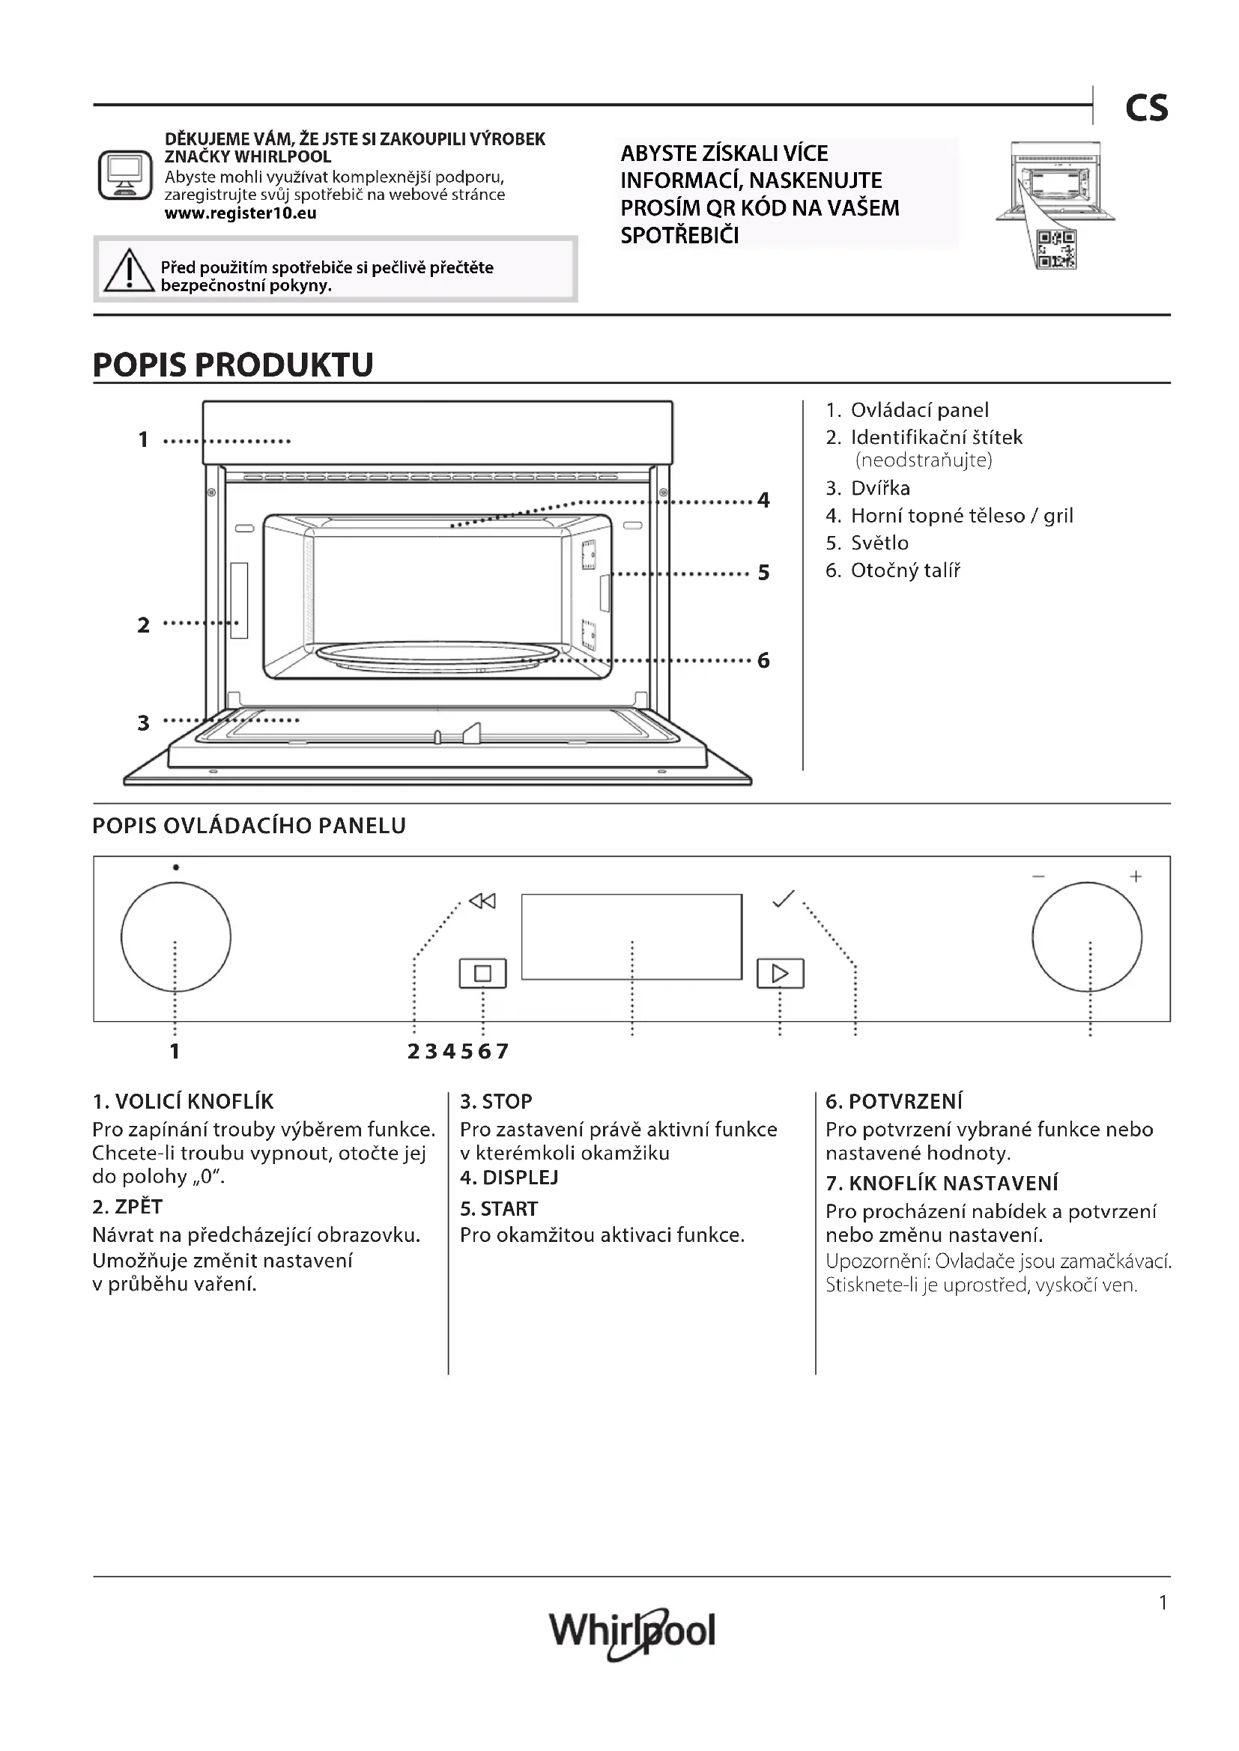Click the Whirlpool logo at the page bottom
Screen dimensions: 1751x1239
point(631,1632)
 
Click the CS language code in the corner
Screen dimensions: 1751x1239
point(1146,109)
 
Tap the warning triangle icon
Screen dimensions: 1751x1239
point(129,272)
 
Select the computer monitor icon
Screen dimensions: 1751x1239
point(125,174)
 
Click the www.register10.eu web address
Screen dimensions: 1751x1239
point(240,213)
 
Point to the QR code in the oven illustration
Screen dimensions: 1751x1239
point(1057,249)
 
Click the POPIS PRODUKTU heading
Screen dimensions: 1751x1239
point(233,365)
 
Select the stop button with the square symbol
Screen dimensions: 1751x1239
point(482,973)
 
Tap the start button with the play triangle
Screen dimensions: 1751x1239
point(780,973)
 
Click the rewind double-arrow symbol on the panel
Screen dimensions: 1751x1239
point(482,901)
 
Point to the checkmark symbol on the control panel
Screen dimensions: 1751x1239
point(784,899)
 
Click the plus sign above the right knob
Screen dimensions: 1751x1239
point(1135,877)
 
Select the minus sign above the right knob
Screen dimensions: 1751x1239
point(1038,877)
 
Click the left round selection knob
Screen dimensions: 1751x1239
point(175,937)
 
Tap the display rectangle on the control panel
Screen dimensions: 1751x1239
point(631,937)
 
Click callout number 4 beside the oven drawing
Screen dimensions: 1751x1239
point(763,500)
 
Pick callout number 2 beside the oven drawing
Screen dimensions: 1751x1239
point(143,625)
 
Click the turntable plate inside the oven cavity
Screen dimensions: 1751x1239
point(437,654)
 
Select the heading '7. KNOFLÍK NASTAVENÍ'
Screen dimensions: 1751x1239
point(942,1183)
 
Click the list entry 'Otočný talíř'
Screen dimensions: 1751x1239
point(905,570)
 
